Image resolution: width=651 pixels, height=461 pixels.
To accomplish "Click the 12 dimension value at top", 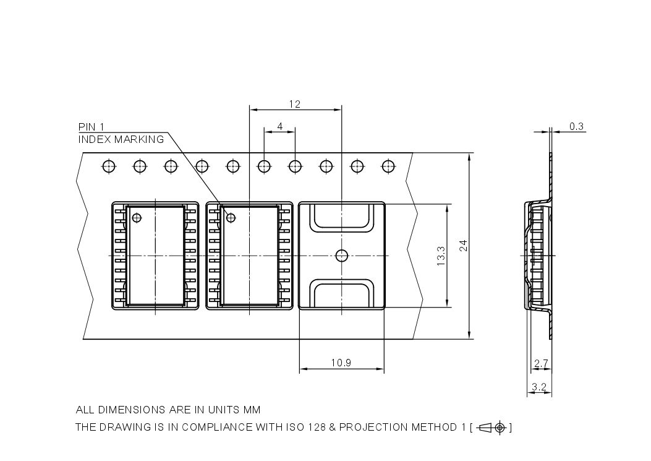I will pyautogui.click(x=294, y=104).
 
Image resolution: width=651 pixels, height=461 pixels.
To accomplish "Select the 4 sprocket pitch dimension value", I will pyautogui.click(x=280, y=126).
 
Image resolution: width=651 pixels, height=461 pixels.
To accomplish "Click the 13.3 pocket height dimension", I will pyautogui.click(x=440, y=256).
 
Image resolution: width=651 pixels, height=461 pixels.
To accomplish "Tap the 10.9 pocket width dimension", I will pyautogui.click(x=341, y=363).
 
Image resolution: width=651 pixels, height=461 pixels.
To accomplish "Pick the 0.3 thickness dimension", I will pyautogui.click(x=576, y=126).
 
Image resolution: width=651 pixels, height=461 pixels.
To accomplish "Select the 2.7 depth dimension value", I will pyautogui.click(x=541, y=365).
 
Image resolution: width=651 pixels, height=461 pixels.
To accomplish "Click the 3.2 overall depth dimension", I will pyautogui.click(x=538, y=388).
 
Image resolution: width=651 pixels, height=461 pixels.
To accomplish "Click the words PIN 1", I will pyautogui.click(x=91, y=126).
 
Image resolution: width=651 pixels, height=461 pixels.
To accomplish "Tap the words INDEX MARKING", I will pyautogui.click(x=121, y=139).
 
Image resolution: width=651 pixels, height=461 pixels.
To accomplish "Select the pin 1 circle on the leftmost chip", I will pyautogui.click(x=137, y=217).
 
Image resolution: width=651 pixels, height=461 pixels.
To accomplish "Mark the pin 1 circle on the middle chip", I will pyautogui.click(x=231, y=217).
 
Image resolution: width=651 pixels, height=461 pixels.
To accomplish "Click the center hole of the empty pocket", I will pyautogui.click(x=341, y=255).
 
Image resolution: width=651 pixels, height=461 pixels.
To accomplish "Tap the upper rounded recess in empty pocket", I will pyautogui.click(x=342, y=218).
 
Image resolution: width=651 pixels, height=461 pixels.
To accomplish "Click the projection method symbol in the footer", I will pyautogui.click(x=493, y=427).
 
